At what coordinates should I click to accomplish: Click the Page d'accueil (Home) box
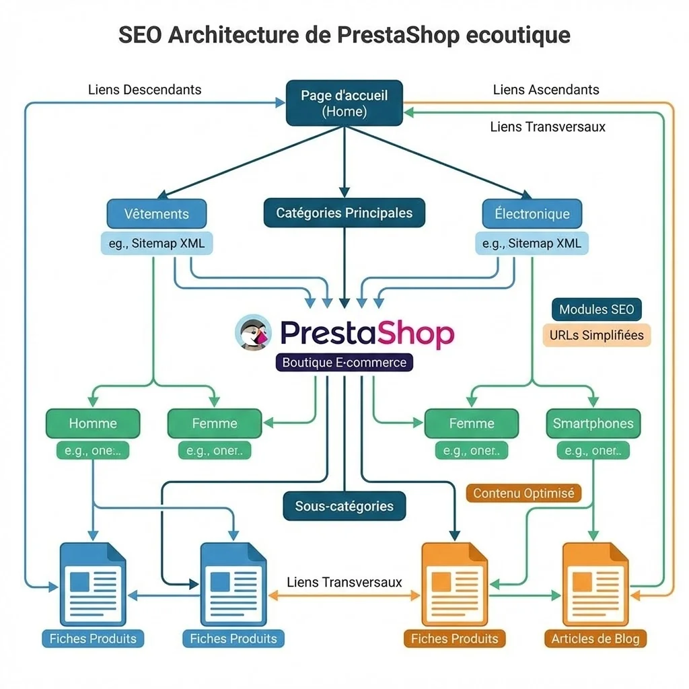click(x=344, y=103)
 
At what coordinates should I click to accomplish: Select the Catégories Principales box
click(x=344, y=213)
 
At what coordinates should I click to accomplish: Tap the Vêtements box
click(x=157, y=214)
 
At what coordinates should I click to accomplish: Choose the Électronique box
click(x=532, y=214)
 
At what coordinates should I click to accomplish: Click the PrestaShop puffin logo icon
click(x=253, y=332)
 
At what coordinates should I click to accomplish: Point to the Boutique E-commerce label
click(x=344, y=363)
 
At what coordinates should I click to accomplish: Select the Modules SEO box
click(x=596, y=310)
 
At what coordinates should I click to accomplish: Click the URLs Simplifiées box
click(x=596, y=335)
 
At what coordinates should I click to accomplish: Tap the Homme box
click(x=93, y=423)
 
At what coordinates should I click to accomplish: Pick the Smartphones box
click(x=593, y=423)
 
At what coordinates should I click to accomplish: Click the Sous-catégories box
click(x=344, y=506)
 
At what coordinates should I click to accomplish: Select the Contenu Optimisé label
click(x=523, y=493)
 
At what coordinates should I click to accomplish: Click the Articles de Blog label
click(x=595, y=639)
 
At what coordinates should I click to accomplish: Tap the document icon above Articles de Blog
click(x=595, y=583)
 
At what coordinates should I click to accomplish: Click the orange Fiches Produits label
click(x=454, y=639)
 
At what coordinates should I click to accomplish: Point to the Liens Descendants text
click(x=145, y=89)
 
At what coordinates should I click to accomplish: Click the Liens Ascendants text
click(x=546, y=89)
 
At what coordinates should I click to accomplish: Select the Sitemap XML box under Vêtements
click(x=157, y=244)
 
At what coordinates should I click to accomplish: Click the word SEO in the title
click(x=140, y=34)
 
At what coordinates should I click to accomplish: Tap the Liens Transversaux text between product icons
click(x=344, y=582)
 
